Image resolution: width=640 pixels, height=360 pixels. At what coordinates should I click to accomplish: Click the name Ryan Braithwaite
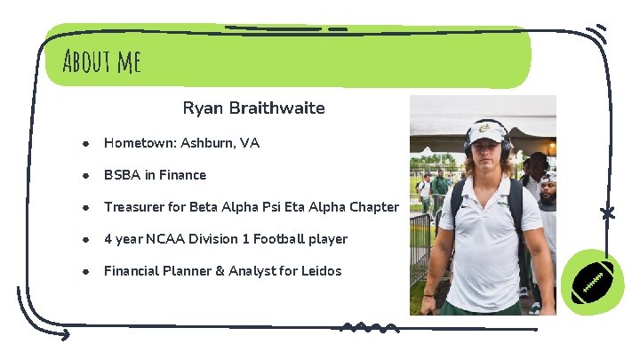click(x=253, y=108)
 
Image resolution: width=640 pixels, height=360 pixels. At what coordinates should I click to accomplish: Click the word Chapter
click(x=373, y=207)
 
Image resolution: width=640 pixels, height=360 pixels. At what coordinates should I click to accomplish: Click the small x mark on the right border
click(x=607, y=213)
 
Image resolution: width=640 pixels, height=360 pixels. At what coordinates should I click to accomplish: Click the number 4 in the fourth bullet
click(x=108, y=239)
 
